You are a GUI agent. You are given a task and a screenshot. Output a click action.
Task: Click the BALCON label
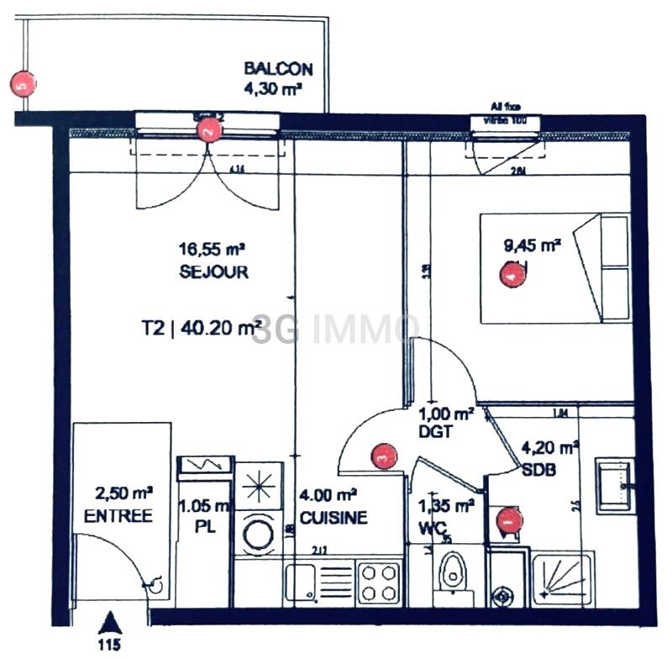click(278, 69)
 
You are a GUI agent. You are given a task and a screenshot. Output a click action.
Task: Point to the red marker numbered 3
click(382, 456)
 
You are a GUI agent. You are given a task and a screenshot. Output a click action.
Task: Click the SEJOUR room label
click(213, 272)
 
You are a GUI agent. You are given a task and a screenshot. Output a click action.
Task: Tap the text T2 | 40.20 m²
click(201, 329)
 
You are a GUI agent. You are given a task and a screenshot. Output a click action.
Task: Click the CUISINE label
click(333, 518)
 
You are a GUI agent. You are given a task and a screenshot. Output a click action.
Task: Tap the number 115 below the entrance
click(108, 646)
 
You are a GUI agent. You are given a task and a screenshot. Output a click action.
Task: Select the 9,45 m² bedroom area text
click(532, 245)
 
